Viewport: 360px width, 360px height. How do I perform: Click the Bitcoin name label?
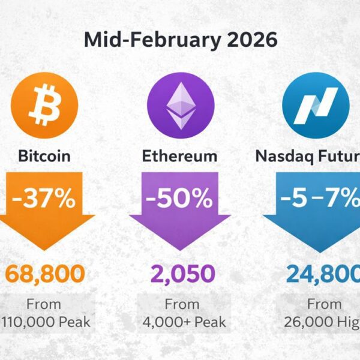pyautogui.click(x=44, y=157)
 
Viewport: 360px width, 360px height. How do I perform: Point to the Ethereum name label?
pyautogui.click(x=179, y=157)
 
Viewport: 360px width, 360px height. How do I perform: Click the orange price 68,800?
pyautogui.click(x=44, y=274)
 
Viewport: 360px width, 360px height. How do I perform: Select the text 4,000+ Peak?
pyautogui.click(x=184, y=322)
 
